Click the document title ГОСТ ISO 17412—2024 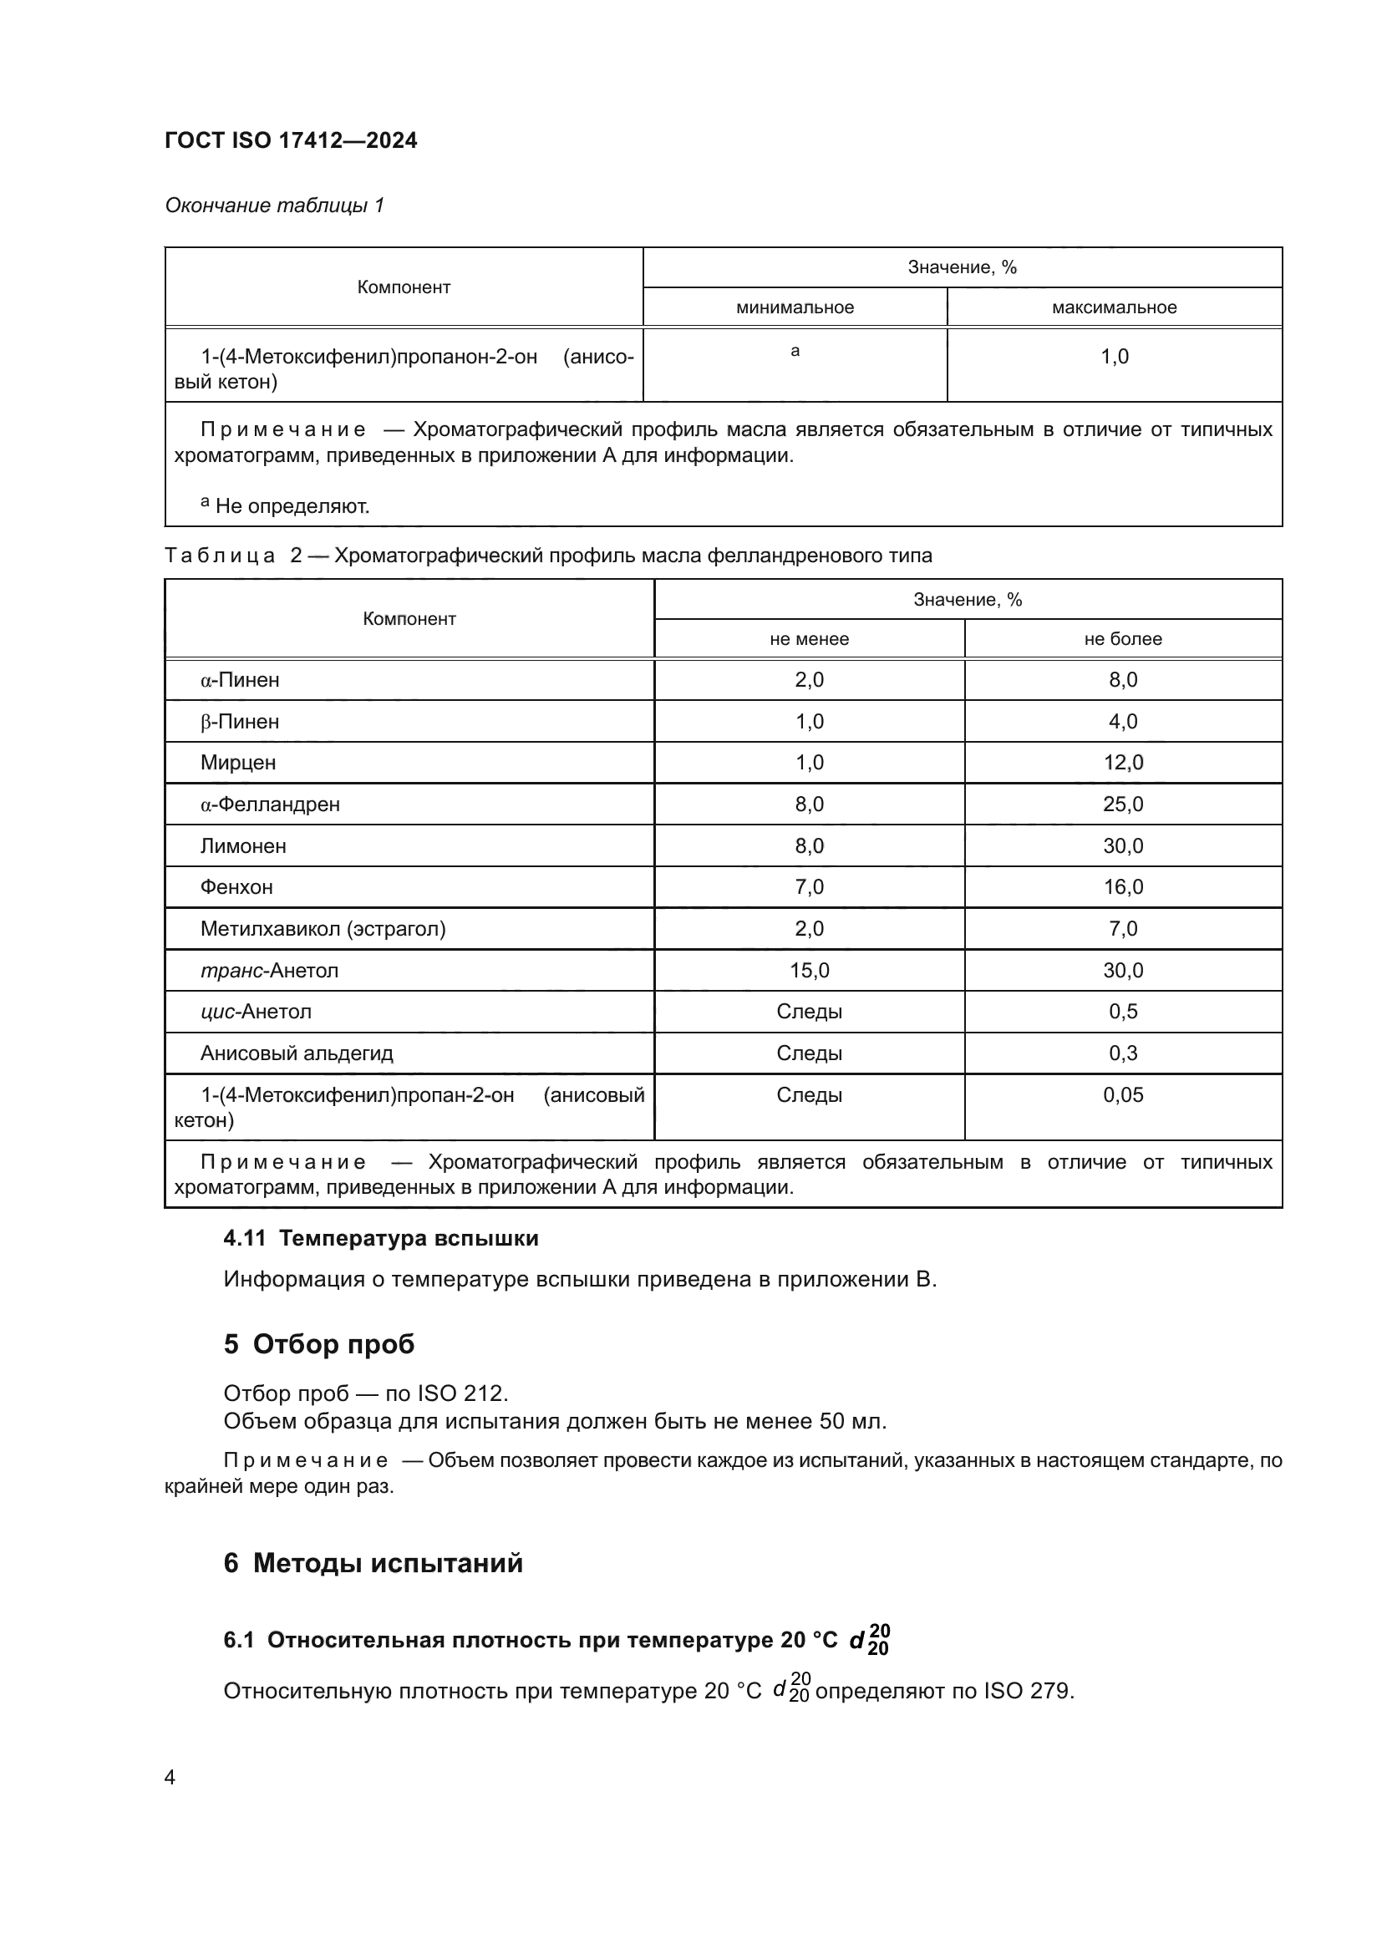290,140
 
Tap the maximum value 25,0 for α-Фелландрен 1122,804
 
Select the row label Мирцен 237,763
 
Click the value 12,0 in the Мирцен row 1122,763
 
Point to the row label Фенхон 236,887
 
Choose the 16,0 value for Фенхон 1122,887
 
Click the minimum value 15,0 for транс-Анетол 809,970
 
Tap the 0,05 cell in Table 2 1122,1094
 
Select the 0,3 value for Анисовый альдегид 1122,1053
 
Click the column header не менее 809,639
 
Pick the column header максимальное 1114,307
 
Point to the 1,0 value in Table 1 1114,357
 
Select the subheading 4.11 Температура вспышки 380,1238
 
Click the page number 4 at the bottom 170,1777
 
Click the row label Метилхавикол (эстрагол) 323,928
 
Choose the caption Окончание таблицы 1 274,206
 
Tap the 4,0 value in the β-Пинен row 1122,722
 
